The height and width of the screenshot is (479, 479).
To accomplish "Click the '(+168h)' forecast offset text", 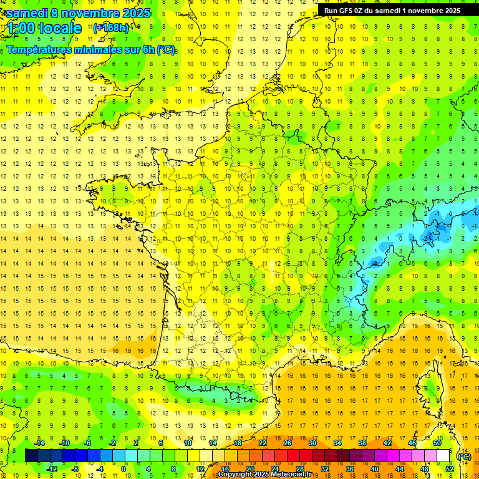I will coord(111,27).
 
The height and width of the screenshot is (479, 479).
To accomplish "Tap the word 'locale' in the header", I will coord(60,28).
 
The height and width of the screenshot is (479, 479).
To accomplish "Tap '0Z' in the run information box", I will coord(364,11).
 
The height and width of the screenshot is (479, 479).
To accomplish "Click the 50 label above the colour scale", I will coord(437,442).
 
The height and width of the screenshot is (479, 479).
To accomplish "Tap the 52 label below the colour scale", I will coord(450,469).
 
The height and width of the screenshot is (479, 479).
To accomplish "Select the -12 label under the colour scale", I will coord(51,469).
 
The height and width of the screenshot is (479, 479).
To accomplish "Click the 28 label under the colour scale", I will coord(300,469).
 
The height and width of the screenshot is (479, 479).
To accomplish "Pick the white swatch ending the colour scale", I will coord(443,456).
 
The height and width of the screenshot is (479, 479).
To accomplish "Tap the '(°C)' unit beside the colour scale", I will coord(464,457).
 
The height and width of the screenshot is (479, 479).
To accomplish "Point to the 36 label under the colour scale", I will coord(350,469).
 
